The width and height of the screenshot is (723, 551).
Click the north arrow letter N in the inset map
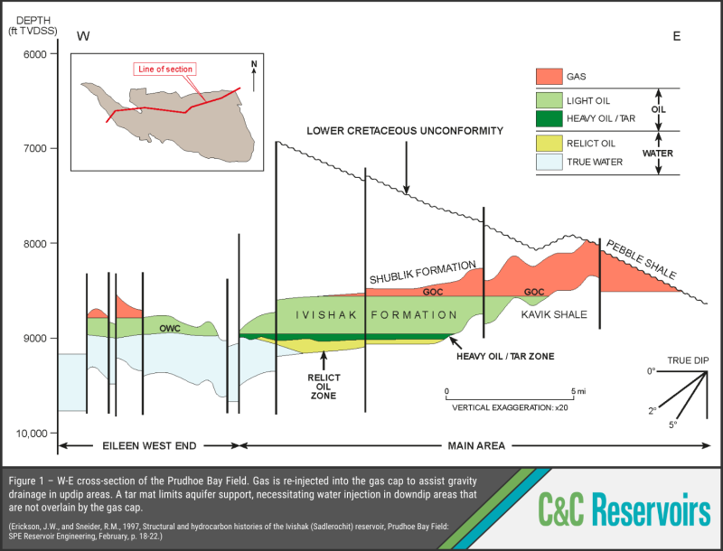[x=254, y=63]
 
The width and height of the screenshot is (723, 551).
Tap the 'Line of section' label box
[x=164, y=69]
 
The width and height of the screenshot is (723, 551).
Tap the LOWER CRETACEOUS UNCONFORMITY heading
[x=405, y=131]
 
